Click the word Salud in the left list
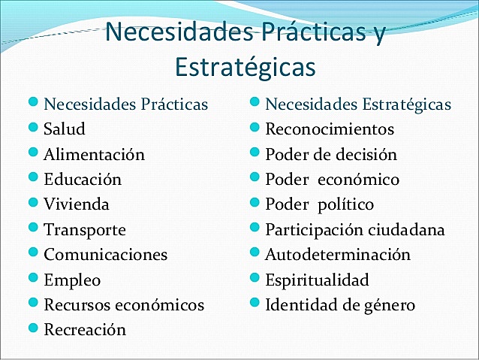point(65,129)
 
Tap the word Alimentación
point(94,155)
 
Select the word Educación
point(83,180)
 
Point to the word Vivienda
point(77,204)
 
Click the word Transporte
point(85,230)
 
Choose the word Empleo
point(72,280)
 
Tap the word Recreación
point(85,330)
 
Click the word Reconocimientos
point(330,129)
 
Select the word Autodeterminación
point(338,255)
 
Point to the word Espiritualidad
point(317,280)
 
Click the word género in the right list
point(388,306)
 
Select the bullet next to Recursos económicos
point(33,304)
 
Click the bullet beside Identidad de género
point(255,304)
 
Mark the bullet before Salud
point(33,128)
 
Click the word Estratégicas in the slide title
point(245,66)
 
